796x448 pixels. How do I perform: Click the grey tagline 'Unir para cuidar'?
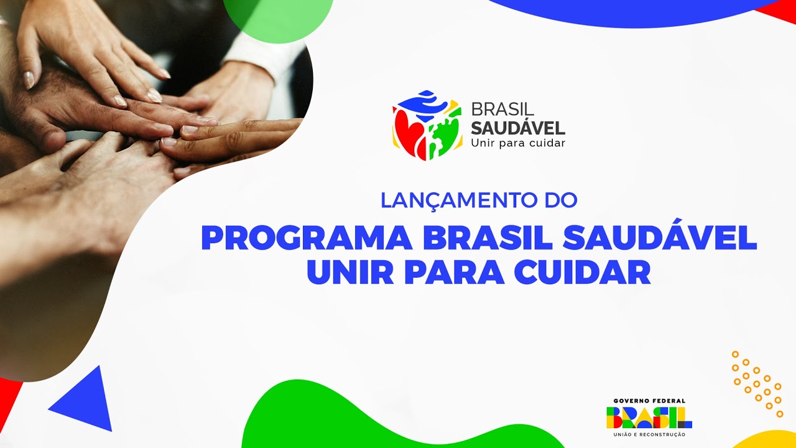[x=517, y=143]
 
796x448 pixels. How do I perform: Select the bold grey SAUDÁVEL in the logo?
[x=517, y=128]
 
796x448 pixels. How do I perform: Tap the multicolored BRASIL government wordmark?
[x=649, y=418]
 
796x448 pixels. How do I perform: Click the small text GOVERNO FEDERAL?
[x=649, y=401]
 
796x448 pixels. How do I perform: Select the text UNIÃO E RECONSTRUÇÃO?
[x=649, y=434]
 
